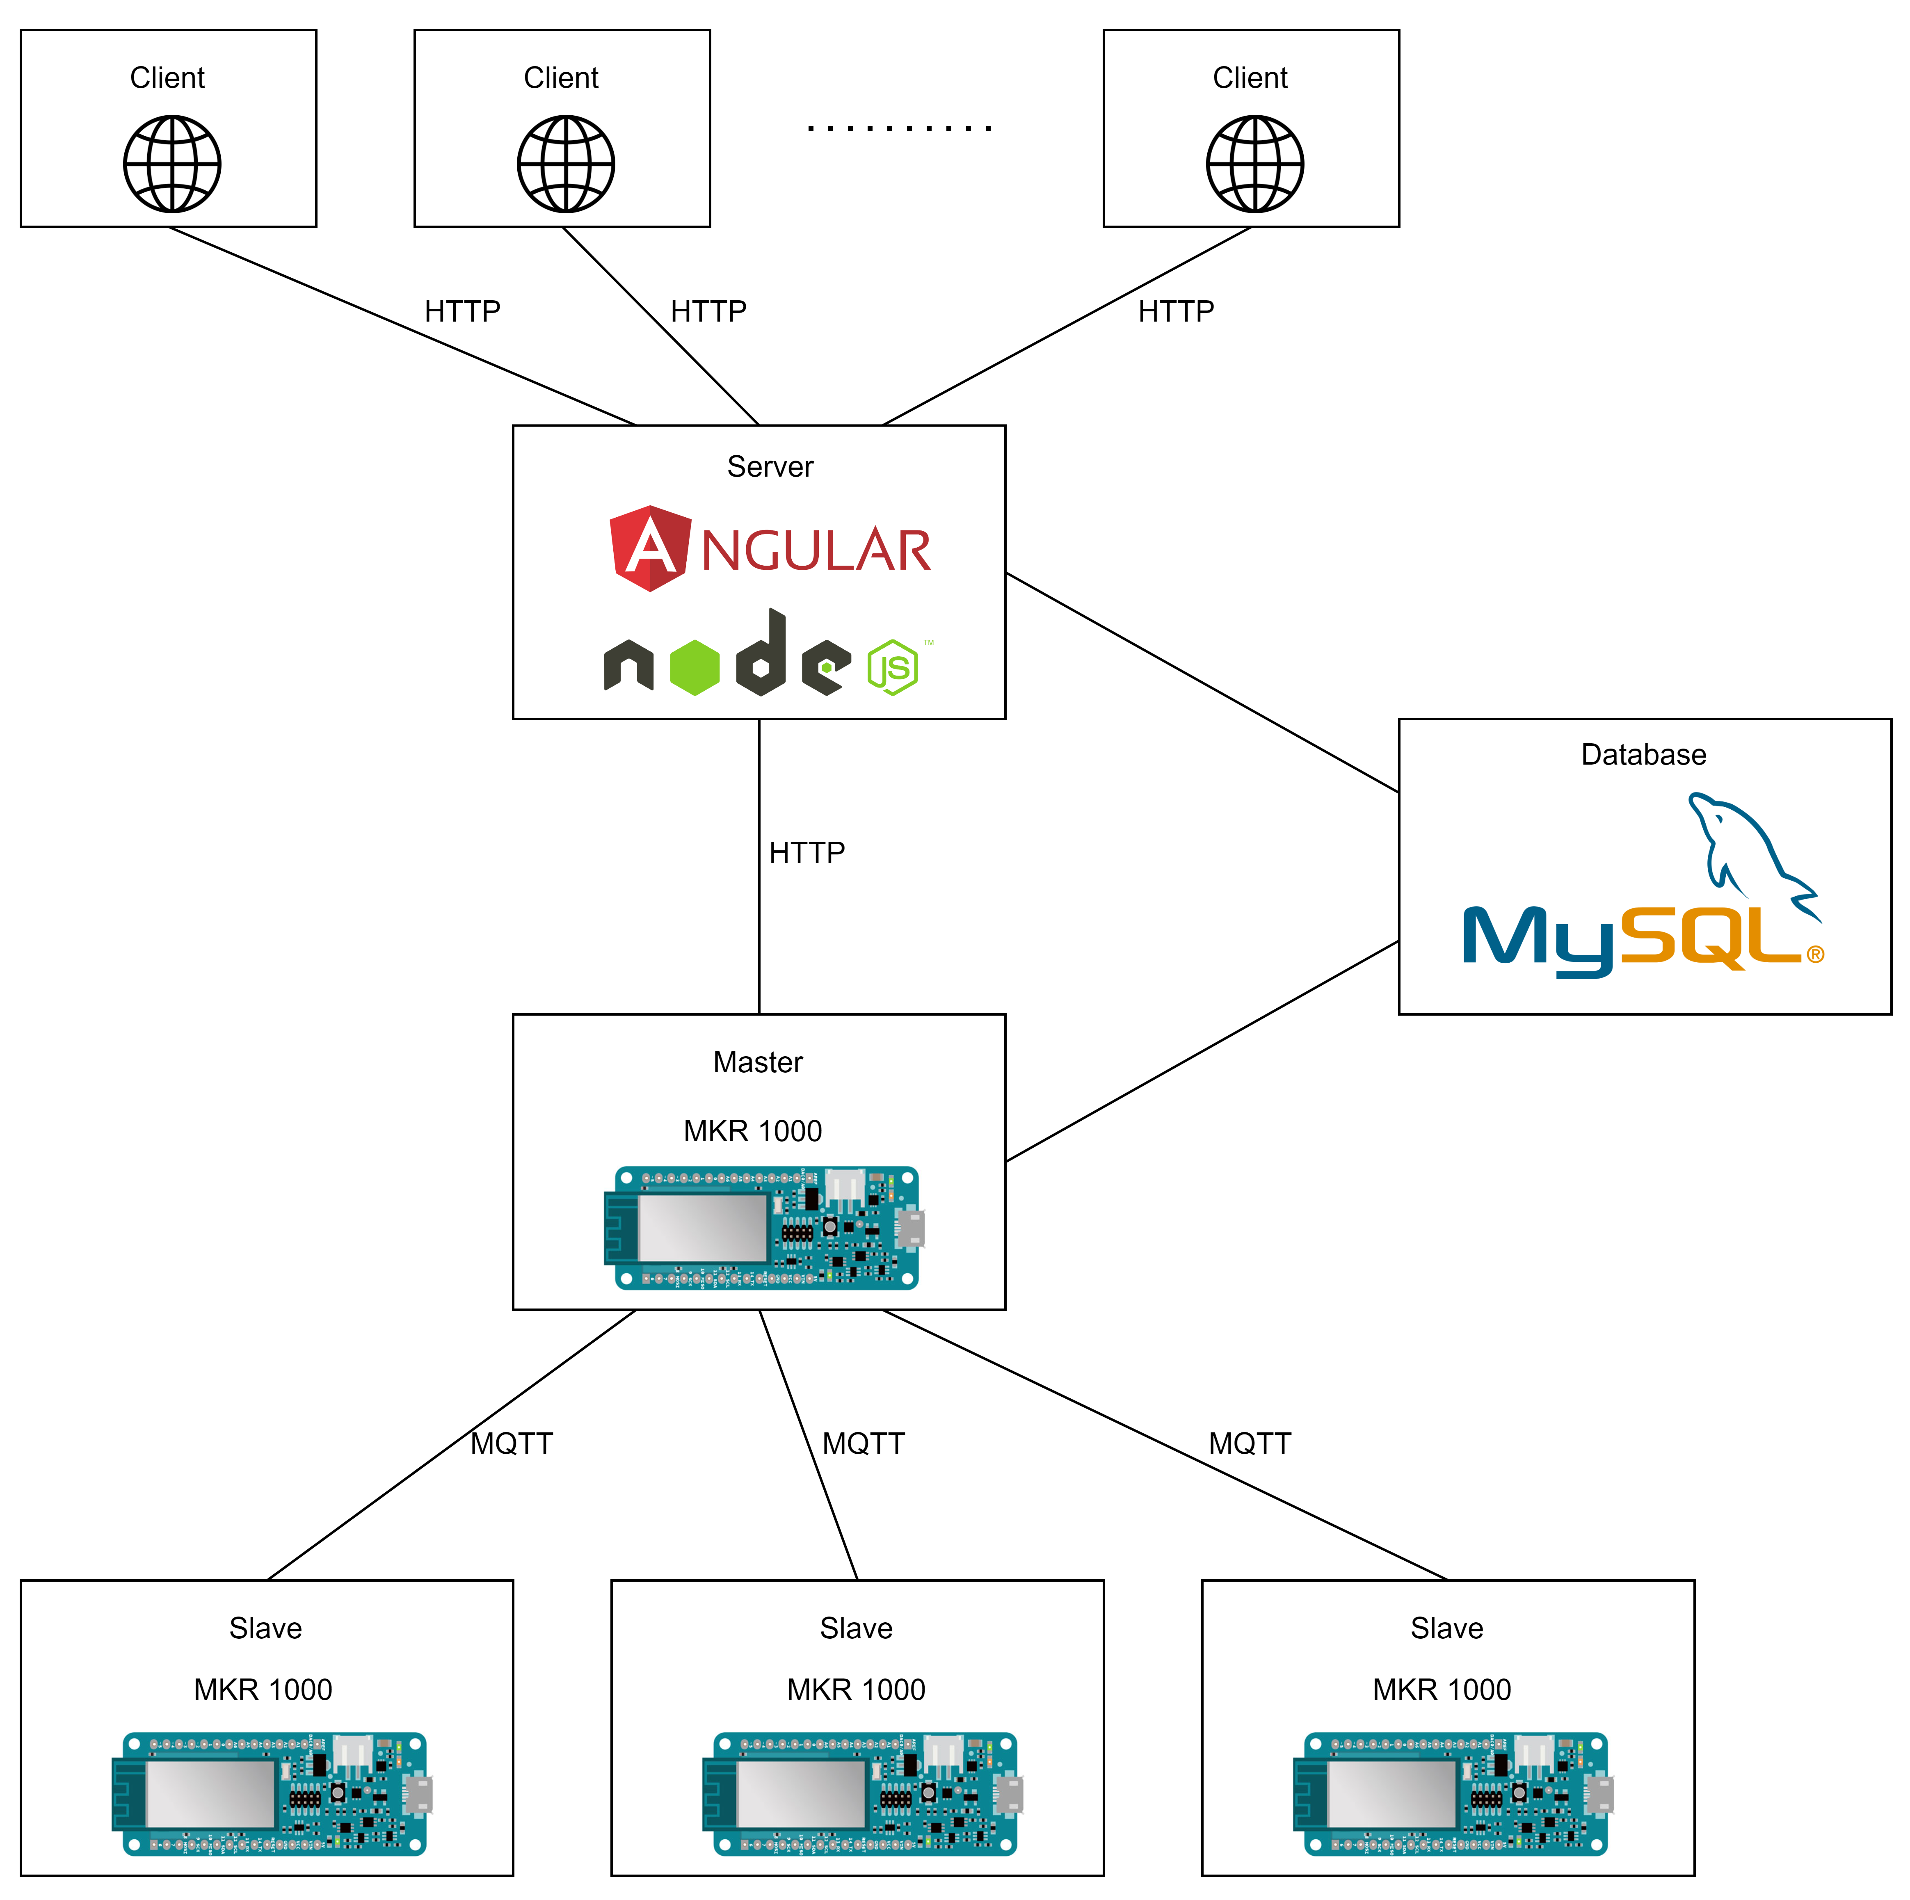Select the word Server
tap(770, 467)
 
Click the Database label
tap(1643, 754)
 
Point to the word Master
tap(758, 1062)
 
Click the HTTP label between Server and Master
tap(807, 852)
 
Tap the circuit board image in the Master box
tap(763, 1228)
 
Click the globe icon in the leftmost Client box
tap(172, 164)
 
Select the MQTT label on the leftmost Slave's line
tap(511, 1443)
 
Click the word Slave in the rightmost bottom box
tap(1446, 1628)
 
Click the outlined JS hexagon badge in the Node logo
tap(893, 667)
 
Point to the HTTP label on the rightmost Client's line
tap(1175, 311)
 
